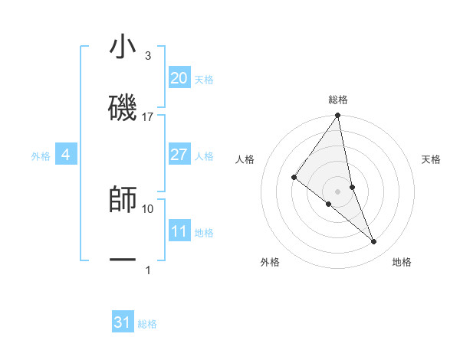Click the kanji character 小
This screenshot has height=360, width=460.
tap(123, 47)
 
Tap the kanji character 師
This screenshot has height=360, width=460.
tap(123, 200)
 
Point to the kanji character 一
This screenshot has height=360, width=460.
tap(123, 260)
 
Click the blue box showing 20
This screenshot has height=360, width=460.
tap(179, 78)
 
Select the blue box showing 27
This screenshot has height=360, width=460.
tap(179, 155)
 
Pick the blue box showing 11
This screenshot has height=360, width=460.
tap(179, 231)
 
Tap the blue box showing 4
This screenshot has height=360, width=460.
tap(66, 155)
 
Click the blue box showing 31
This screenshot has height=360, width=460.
tap(123, 322)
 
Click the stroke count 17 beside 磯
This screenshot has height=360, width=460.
tap(148, 117)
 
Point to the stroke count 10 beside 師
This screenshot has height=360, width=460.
tap(148, 208)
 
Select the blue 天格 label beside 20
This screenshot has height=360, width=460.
tap(204, 80)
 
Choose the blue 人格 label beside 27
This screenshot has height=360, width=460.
tap(204, 156)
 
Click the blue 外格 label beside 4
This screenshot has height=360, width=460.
tap(41, 156)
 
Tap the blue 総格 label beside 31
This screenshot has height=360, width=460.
tap(147, 324)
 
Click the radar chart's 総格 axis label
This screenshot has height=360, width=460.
tap(338, 100)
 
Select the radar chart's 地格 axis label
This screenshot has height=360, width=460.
tap(402, 262)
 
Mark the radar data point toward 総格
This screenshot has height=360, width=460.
tap(338, 116)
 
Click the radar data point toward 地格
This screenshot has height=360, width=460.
tap(374, 241)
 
